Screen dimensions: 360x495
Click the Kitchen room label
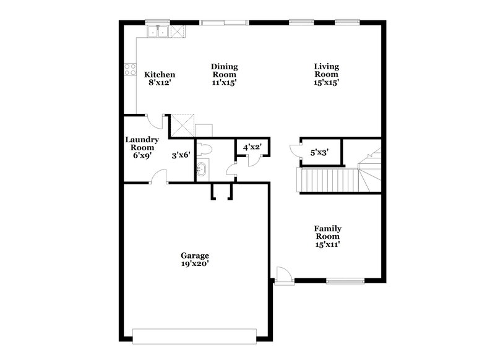coord(160,79)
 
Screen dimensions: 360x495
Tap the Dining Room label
coord(225,74)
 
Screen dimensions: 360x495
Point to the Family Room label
coord(329,236)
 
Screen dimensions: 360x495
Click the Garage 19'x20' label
coord(195,260)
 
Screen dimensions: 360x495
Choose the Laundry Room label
coord(142,148)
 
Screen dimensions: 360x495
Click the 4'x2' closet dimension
coord(252,148)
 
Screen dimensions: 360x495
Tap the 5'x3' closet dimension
coord(319,152)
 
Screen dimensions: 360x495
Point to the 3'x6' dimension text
coord(181,156)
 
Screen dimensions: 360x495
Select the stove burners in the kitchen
coord(131,69)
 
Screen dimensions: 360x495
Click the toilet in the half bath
coord(207,148)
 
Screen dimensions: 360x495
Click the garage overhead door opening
coord(194,338)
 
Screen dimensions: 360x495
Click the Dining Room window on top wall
coord(225,23)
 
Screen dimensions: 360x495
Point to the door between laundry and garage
coord(160,179)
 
